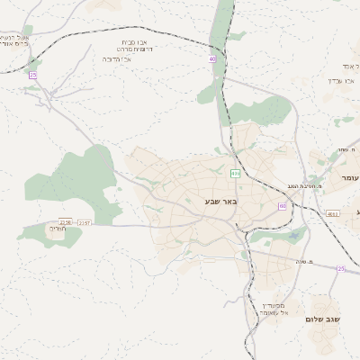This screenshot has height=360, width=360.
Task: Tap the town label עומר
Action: [x=349, y=178]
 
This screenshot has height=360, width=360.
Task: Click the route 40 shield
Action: [x=213, y=58]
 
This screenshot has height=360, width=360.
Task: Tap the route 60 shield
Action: [x=283, y=206]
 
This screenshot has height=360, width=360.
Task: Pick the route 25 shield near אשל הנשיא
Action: [x=33, y=75]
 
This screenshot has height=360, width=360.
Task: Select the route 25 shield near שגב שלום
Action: [x=341, y=269]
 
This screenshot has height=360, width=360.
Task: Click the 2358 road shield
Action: [x=65, y=221]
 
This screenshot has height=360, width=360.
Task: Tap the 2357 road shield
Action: [x=85, y=222]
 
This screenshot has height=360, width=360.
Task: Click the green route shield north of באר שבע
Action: [x=236, y=173]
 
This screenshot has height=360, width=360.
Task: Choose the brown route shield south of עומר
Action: [x=333, y=213]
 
